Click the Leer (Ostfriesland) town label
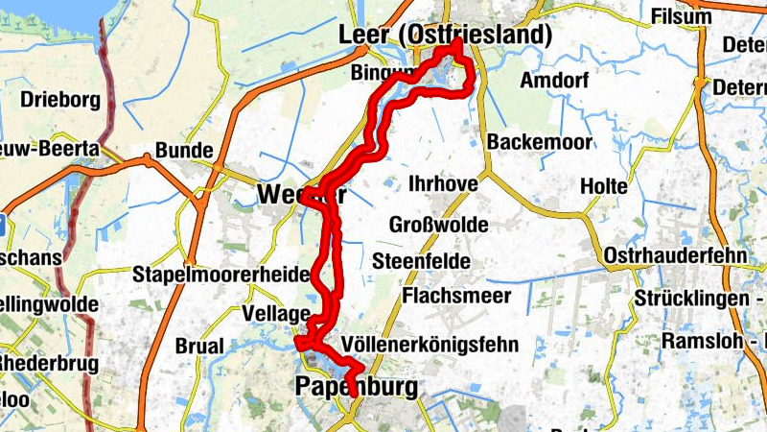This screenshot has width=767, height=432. pos(446,36)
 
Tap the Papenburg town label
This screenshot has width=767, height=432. pos(358,387)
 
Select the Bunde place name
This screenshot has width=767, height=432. pos(183,151)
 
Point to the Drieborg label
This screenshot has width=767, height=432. pos(54,101)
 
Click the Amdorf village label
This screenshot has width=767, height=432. pos(554,81)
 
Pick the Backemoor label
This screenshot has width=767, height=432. pos(537,142)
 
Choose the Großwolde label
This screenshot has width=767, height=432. pos(439,226)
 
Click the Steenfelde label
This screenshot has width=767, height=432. pos(421,260)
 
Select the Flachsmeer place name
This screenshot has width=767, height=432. pos(457,296)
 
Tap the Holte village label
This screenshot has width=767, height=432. pos(605,184)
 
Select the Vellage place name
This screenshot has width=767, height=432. pos(276,314)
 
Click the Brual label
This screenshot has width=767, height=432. pos(200,347)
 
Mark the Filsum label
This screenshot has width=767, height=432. pos(682,16)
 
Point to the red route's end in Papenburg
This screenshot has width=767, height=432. pos(353,394)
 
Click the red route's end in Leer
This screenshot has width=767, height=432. pos(458,43)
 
